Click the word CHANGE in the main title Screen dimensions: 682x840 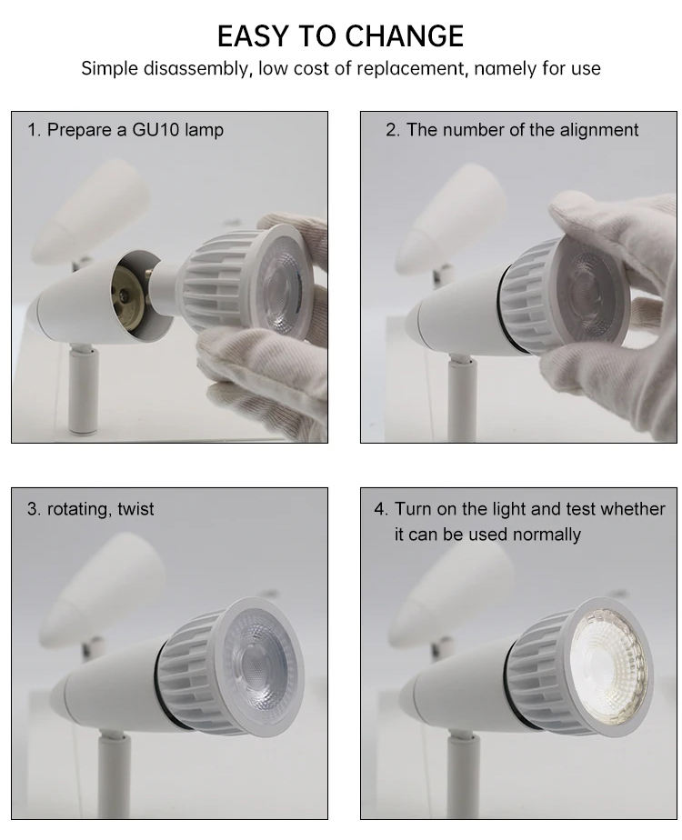(x=404, y=36)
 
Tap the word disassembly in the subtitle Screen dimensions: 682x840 (x=197, y=68)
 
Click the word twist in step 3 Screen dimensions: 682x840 (x=135, y=508)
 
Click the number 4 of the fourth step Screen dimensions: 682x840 (x=379, y=508)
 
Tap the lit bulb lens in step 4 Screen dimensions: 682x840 (x=609, y=665)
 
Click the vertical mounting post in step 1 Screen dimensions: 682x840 (x=83, y=390)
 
